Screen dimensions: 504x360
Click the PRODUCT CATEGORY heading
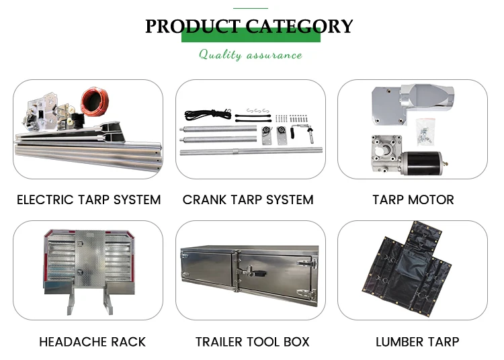coord(249,26)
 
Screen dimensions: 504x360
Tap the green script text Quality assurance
coord(250,54)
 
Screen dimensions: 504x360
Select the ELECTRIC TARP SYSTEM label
coord(89,199)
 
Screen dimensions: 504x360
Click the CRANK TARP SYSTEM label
coord(248,199)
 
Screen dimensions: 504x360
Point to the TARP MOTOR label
coord(413,199)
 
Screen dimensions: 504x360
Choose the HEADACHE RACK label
coord(92,341)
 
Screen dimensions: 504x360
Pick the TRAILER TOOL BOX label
coord(252,341)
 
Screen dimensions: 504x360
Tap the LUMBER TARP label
coord(417,341)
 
